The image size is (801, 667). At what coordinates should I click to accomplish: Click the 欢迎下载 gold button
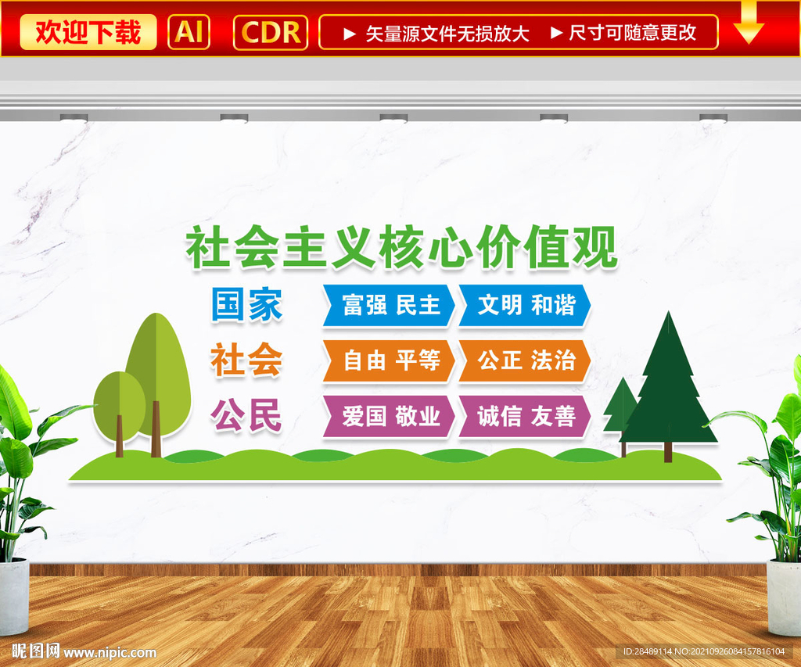click(x=88, y=32)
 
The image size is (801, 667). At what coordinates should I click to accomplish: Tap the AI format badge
click(x=189, y=32)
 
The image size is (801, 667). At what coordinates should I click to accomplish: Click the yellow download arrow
click(x=749, y=23)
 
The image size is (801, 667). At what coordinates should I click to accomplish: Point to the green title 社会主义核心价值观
click(x=401, y=247)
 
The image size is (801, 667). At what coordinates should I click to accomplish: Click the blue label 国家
click(x=246, y=304)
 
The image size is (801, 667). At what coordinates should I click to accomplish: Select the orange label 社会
click(x=246, y=360)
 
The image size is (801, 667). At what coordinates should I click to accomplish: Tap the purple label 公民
click(x=246, y=415)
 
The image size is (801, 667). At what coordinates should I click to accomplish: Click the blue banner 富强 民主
click(x=389, y=306)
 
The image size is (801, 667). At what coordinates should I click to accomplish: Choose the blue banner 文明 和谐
click(x=525, y=306)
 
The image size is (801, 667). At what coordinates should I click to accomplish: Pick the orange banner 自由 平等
click(x=389, y=360)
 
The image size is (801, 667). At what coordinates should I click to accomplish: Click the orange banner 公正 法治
click(x=525, y=360)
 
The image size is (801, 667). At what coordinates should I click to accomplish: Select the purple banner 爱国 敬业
click(x=389, y=416)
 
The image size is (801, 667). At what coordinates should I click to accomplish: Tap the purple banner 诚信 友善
click(x=525, y=416)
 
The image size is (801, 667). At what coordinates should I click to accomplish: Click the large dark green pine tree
click(x=668, y=388)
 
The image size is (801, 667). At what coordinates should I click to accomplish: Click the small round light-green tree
click(x=120, y=409)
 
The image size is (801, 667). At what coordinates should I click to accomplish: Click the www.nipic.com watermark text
click(x=110, y=652)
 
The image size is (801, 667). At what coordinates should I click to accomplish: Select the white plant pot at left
click(x=14, y=596)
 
